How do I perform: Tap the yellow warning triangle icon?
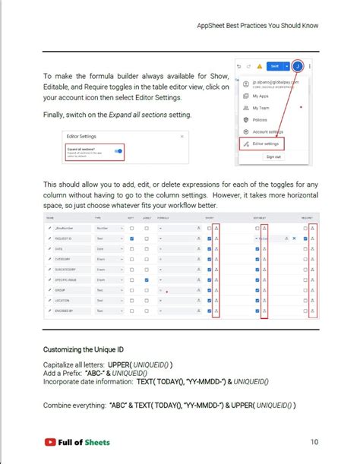point(259,66)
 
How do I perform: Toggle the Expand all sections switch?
point(118,150)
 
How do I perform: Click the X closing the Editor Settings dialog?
point(182,136)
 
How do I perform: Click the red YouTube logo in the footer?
point(51,441)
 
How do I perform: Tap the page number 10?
point(314,442)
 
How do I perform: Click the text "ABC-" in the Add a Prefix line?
point(96,374)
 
